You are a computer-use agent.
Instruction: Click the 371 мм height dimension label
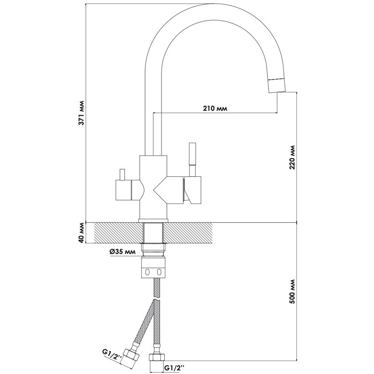pyautogui.click(x=82, y=114)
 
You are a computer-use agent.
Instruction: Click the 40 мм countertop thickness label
pyautogui.click(x=82, y=233)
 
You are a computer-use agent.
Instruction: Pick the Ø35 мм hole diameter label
pyautogui.click(x=123, y=252)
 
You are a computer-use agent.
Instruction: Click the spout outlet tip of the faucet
pyautogui.click(x=276, y=85)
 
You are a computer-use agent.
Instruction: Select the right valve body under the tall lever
pyautogui.click(x=193, y=190)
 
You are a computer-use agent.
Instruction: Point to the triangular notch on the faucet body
pyautogui.click(x=159, y=190)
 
